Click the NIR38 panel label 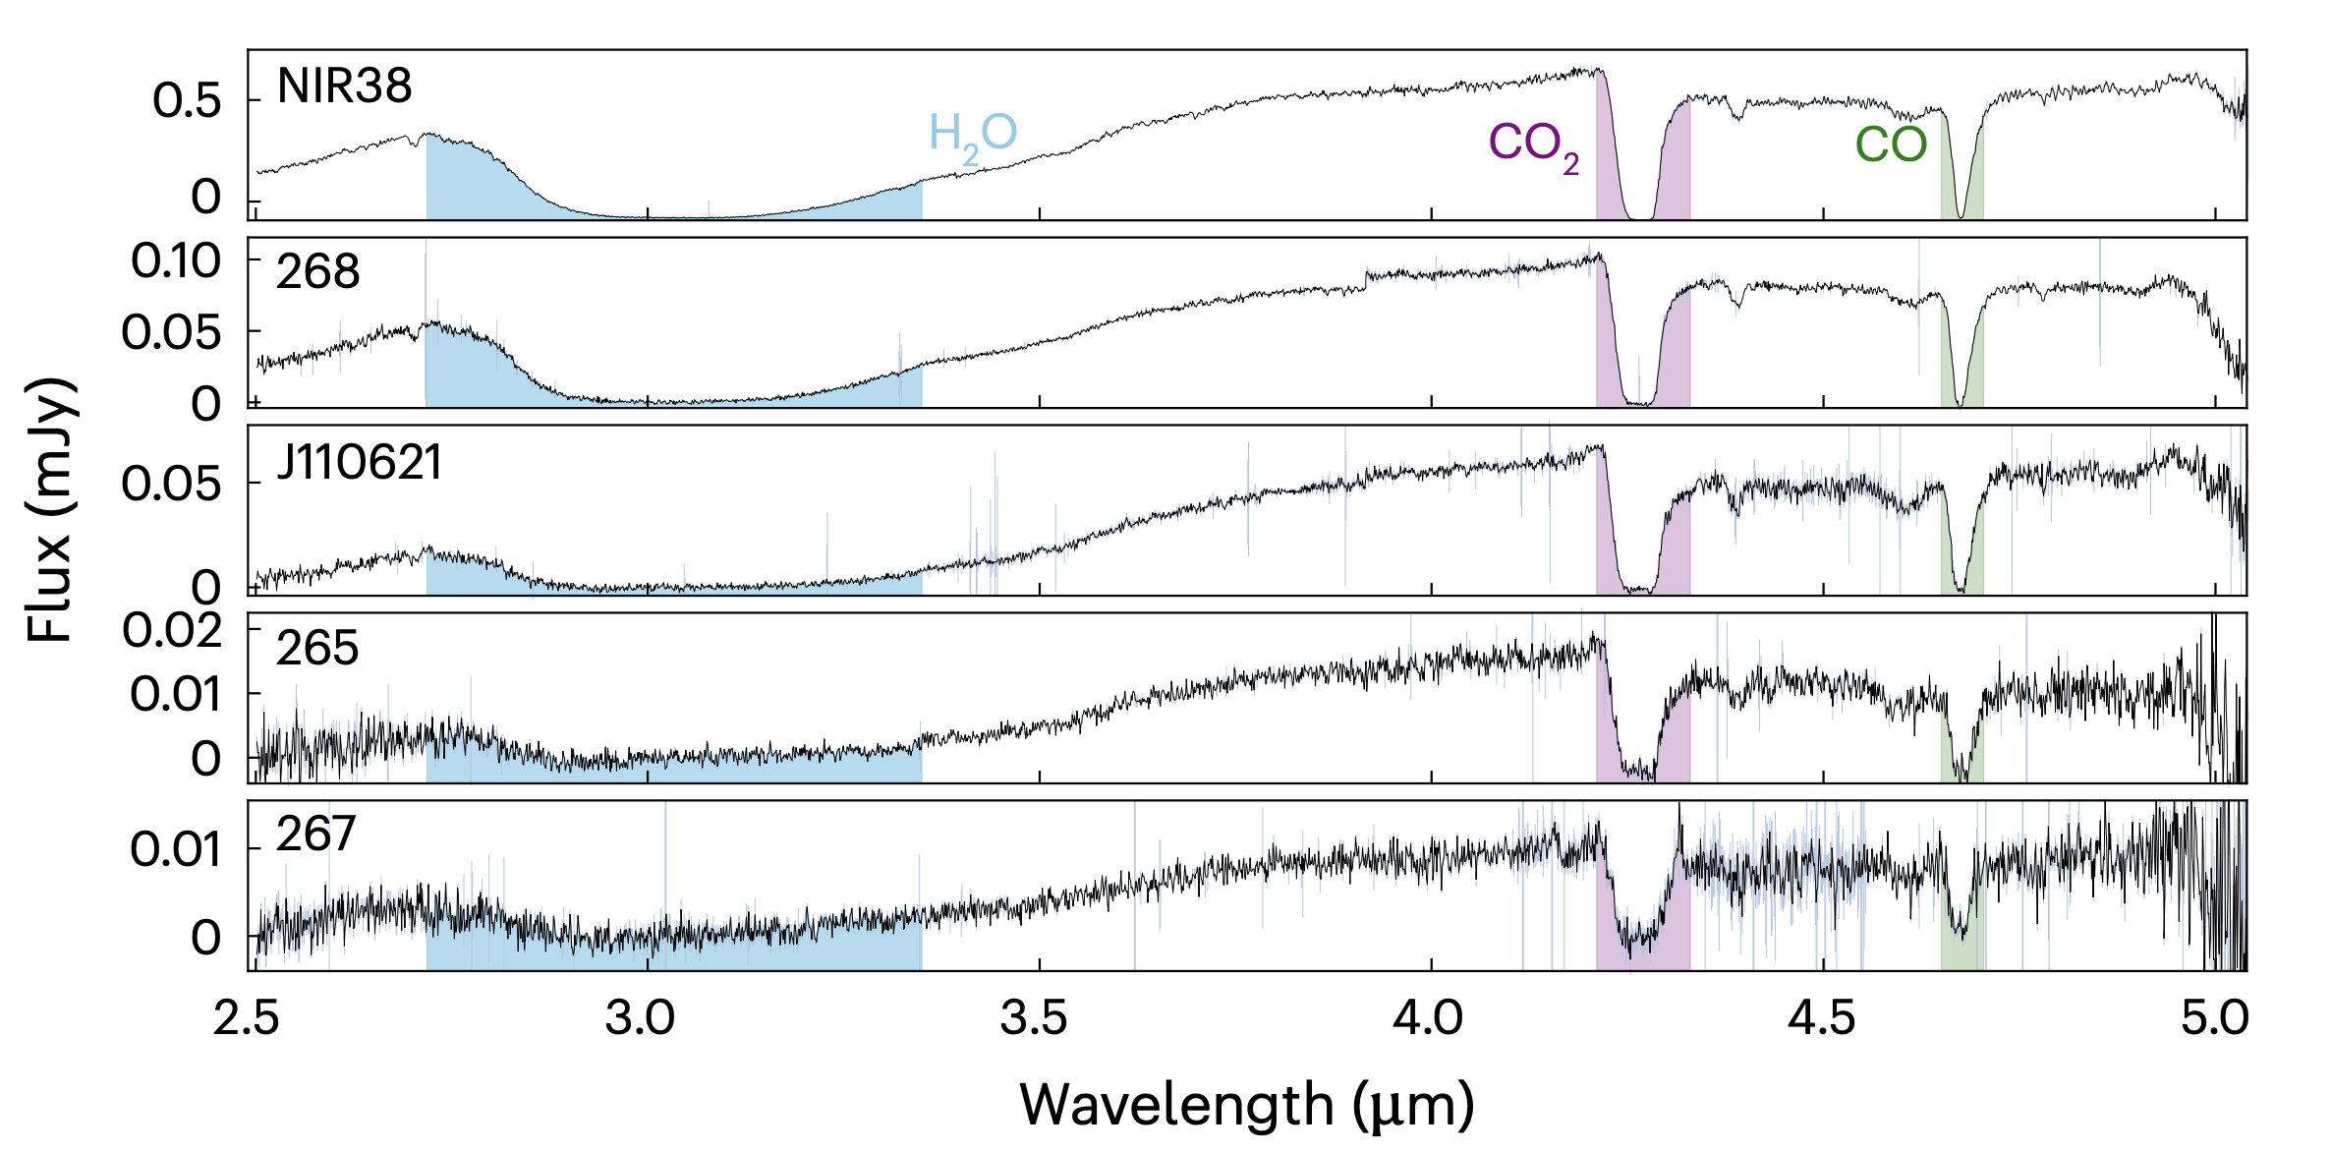coord(344,86)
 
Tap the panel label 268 coord(317,272)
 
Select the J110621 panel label coord(359,463)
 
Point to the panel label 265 coord(317,649)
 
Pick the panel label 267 coord(315,835)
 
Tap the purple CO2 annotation coord(1534,144)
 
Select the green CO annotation coord(1891,145)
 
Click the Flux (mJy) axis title coord(49,509)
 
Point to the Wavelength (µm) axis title coord(1247,1105)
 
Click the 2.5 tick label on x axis coord(247,1018)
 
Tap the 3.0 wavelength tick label coord(640,1018)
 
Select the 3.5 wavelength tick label coord(1034,1018)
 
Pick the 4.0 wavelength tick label coord(1428,1018)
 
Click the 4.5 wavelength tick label coord(1821,1018)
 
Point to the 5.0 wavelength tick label coord(2215,1018)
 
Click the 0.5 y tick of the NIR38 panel coord(187,101)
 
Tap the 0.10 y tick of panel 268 coord(176,261)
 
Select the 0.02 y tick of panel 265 coord(173,630)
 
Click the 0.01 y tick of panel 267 coord(176,849)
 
